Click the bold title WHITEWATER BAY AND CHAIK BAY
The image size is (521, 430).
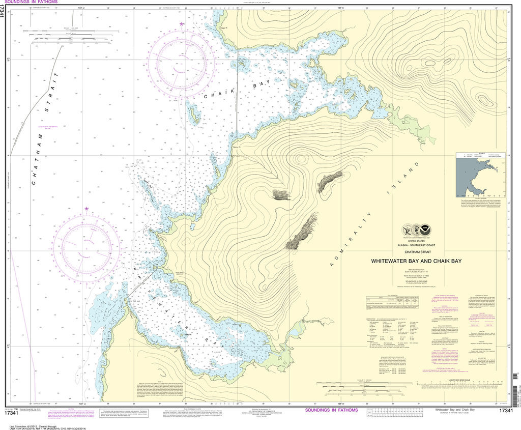coord(416,261)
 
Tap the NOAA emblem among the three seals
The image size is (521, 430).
coord(427,230)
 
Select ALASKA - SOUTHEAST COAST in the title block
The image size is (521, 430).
coord(416,245)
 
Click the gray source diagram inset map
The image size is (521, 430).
coord(476,176)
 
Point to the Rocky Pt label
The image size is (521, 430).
coord(236,147)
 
